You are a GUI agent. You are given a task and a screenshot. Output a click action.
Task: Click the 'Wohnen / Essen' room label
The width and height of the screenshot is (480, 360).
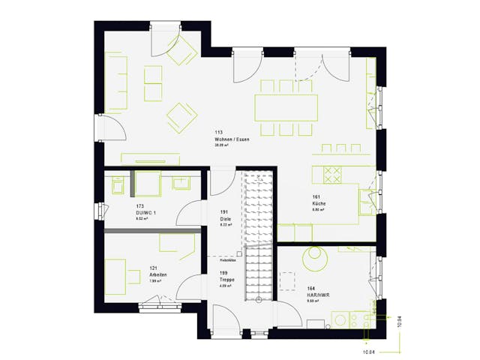(232, 140)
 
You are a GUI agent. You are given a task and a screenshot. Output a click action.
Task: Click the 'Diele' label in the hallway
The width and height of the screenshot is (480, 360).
(225, 218)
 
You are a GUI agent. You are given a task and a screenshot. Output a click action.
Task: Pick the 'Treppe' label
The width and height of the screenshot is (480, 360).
(227, 280)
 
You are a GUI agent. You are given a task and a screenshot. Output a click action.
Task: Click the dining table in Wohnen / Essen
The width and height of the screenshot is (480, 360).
(285, 108)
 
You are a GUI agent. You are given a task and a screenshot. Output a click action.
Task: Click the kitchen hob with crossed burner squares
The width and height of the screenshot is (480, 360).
(332, 174)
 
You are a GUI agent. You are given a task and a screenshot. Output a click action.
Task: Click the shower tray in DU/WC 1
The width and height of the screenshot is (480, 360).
(147, 184)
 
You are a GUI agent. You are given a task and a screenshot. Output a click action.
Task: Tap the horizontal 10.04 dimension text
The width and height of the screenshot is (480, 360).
(368, 351)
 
